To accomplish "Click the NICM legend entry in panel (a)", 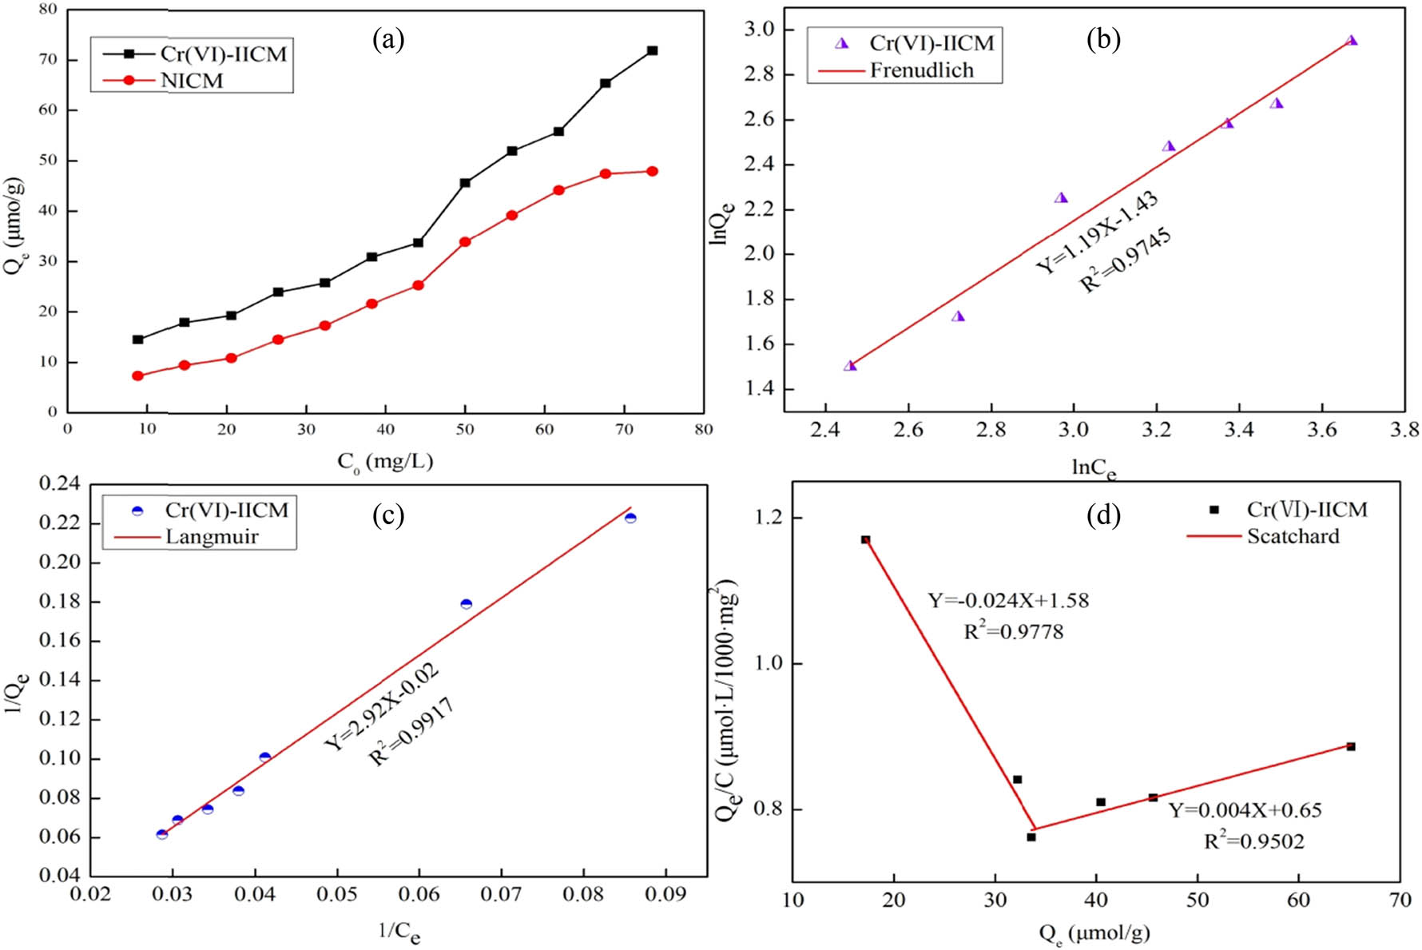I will pyautogui.click(x=192, y=81).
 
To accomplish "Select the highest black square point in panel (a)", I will pyautogui.click(x=652, y=50).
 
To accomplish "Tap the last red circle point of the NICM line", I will pyautogui.click(x=652, y=171).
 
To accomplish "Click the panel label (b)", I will pyautogui.click(x=1103, y=38).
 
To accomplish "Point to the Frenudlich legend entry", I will pyautogui.click(x=921, y=70).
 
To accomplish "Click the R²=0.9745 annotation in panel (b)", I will pyautogui.click(x=1126, y=260).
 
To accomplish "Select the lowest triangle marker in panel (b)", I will pyautogui.click(x=850, y=365).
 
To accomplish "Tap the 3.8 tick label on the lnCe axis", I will pyautogui.click(x=1404, y=430).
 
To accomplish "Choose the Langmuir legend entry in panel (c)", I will pyautogui.click(x=212, y=536).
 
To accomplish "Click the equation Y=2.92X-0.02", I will pyautogui.click(x=381, y=707).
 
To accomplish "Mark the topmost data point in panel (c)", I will pyautogui.click(x=630, y=518).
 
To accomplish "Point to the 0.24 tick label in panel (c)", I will pyautogui.click(x=60, y=483).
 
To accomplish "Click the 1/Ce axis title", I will pyautogui.click(x=399, y=931).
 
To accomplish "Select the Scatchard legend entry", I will pyautogui.click(x=1293, y=536).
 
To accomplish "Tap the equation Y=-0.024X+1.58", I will pyautogui.click(x=1008, y=600).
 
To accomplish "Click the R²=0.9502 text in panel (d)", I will pyautogui.click(x=1253, y=841).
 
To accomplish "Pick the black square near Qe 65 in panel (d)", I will pyautogui.click(x=1350, y=746).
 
